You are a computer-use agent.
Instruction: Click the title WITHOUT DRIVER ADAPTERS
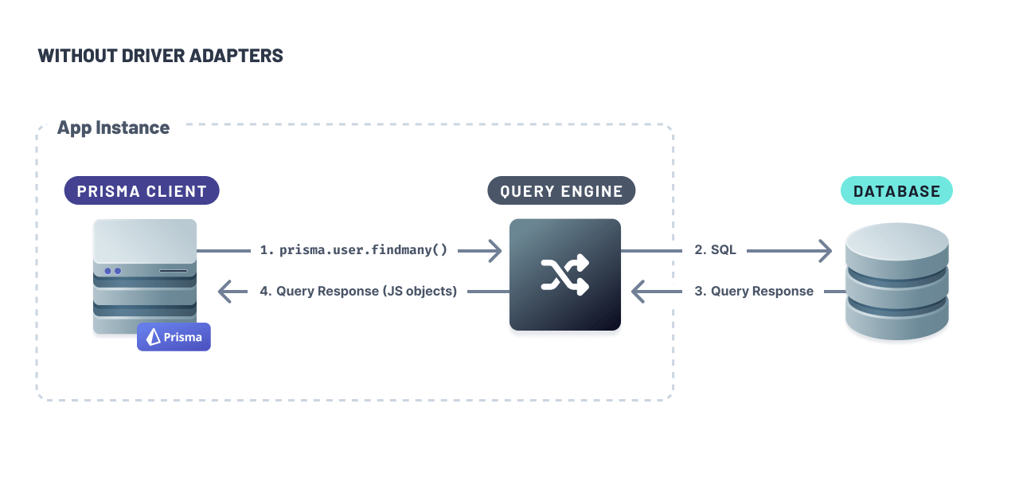pyautogui.click(x=160, y=56)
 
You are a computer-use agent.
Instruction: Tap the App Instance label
pyautogui.click(x=113, y=127)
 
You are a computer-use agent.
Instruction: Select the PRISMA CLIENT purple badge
pyautogui.click(x=142, y=191)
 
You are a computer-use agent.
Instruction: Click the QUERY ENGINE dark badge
pyautogui.click(x=561, y=191)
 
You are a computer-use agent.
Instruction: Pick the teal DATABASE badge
pyautogui.click(x=896, y=191)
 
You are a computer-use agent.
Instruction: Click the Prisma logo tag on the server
pyautogui.click(x=174, y=337)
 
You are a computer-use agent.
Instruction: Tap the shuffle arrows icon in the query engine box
pyautogui.click(x=564, y=275)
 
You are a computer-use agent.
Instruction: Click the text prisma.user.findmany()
pyautogui.click(x=363, y=250)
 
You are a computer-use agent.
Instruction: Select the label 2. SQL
pyautogui.click(x=715, y=250)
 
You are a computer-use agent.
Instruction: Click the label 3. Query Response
pyautogui.click(x=754, y=292)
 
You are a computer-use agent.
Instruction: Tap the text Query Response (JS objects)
pyautogui.click(x=366, y=292)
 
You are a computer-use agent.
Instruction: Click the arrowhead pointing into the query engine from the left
pyautogui.click(x=494, y=251)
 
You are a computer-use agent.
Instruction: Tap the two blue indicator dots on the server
pyautogui.click(x=112, y=271)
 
